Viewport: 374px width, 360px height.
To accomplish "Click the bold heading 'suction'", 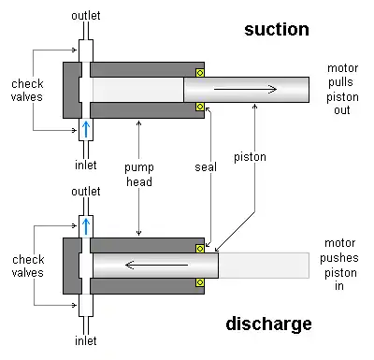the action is tap(277, 30).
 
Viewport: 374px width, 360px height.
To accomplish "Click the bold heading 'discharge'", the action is tap(268, 324).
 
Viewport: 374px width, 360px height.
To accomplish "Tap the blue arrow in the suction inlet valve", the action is tap(86, 129).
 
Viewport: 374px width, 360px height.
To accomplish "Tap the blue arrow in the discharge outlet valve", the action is tap(86, 226).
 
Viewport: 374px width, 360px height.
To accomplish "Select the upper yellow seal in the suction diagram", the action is tap(200, 73).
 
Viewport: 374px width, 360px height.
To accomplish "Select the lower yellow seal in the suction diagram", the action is tap(200, 107).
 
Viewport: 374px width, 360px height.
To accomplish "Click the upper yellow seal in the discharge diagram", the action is tap(200, 249).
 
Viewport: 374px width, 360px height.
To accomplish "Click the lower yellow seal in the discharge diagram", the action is tap(200, 282).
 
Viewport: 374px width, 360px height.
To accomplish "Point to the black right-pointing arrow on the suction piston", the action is tap(245, 90).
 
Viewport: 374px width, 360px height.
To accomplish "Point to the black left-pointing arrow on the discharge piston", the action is tap(156, 266).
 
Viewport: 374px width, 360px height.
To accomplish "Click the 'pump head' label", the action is tap(139, 175).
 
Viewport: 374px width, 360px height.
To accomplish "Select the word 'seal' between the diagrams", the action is tap(206, 167).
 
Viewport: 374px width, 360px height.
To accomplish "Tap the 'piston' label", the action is tap(250, 157).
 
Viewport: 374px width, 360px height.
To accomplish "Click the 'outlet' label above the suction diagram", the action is tap(86, 16).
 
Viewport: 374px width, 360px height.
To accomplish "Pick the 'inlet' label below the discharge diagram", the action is tap(86, 340).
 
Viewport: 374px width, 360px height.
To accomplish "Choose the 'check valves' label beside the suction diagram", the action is tap(27, 91).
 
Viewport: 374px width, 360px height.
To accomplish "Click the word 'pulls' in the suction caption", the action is tap(340, 82).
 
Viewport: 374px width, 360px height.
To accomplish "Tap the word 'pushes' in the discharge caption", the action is tap(339, 258).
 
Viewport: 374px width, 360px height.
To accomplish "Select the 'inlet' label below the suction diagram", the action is tap(86, 165).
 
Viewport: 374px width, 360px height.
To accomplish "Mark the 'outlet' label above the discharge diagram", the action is tap(86, 192).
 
